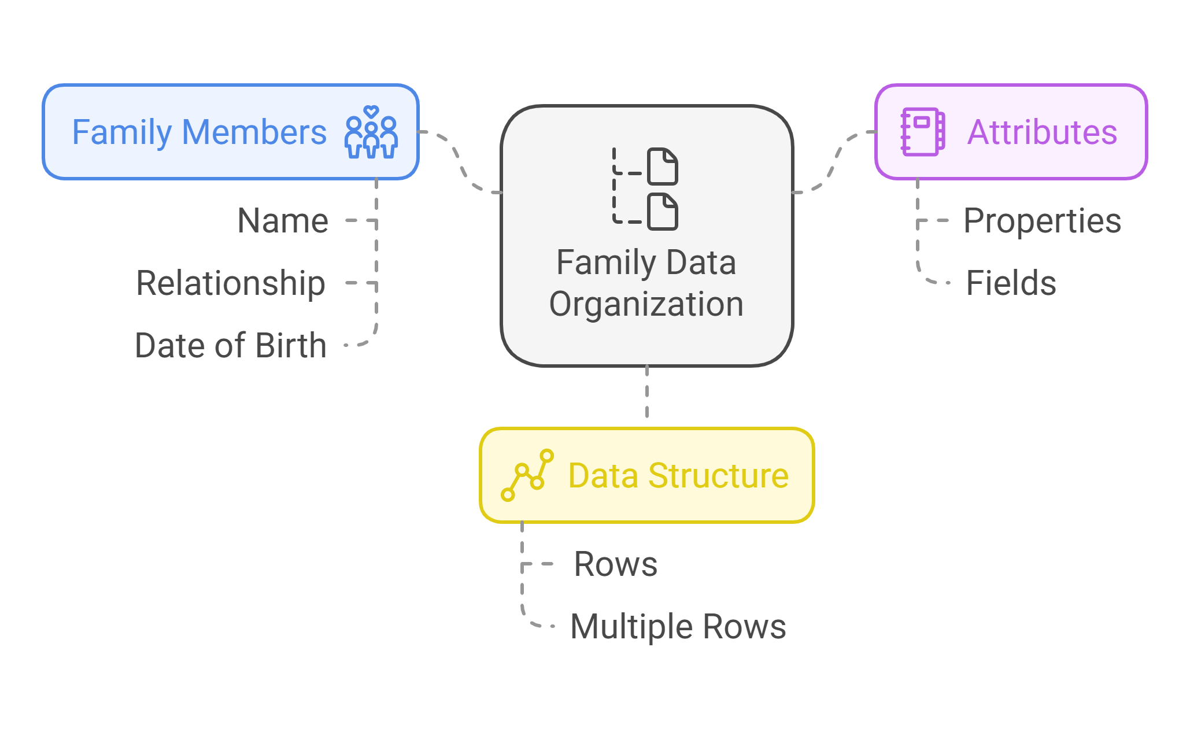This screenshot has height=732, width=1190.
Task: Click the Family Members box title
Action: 199,132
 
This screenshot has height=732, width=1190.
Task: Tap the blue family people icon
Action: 371,132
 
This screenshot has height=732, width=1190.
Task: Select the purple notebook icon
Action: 923,132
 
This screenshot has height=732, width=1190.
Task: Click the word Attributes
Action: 1042,132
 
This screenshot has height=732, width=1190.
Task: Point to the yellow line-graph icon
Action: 527,475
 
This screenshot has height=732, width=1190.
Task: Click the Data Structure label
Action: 678,475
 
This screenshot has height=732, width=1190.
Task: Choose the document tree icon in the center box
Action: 645,188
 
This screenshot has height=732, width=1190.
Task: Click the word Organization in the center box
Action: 646,304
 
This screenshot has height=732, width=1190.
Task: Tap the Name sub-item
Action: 283,220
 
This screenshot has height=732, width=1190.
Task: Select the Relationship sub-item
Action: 231,283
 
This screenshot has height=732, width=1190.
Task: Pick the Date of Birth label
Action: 231,345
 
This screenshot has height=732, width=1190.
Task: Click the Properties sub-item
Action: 1042,221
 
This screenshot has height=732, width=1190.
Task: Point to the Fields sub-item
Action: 1011,283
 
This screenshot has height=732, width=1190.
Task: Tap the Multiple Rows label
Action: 678,626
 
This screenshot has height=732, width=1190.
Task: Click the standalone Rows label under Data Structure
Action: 616,564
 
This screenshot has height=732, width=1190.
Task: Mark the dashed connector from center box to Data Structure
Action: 647,392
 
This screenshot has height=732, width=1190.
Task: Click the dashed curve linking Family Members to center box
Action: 460,162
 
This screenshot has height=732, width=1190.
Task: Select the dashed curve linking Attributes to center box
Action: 834,162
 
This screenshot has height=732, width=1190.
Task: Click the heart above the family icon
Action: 371,111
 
